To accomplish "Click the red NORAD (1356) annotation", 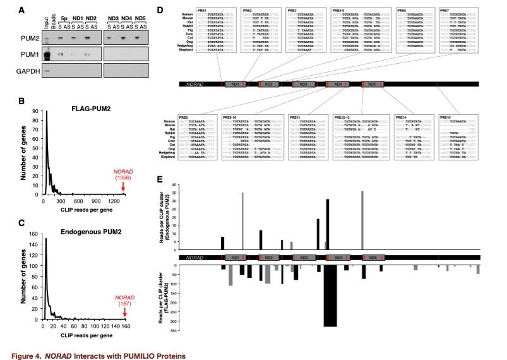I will tap(123, 174).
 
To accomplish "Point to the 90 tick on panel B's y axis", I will tap(33, 112).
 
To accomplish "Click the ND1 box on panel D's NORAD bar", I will tap(234, 83).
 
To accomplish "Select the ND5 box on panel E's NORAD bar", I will tap(373, 258).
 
